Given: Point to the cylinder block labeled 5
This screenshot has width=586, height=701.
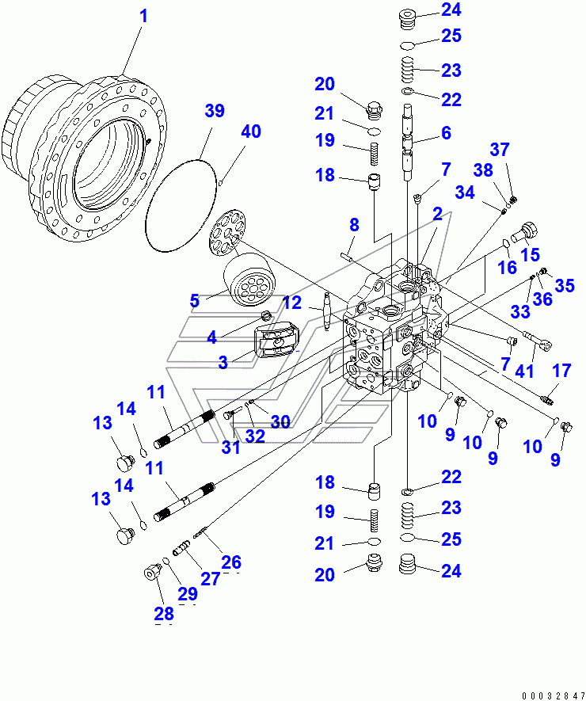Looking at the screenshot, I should [x=249, y=288].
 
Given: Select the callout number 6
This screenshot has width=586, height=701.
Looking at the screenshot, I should [x=446, y=134].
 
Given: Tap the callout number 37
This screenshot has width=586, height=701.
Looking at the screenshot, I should [x=521, y=149].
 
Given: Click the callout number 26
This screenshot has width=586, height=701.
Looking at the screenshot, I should [x=230, y=562].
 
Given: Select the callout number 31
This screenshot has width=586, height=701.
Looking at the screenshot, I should [x=230, y=448].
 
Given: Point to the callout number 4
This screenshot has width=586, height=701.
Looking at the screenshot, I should [x=211, y=337].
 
